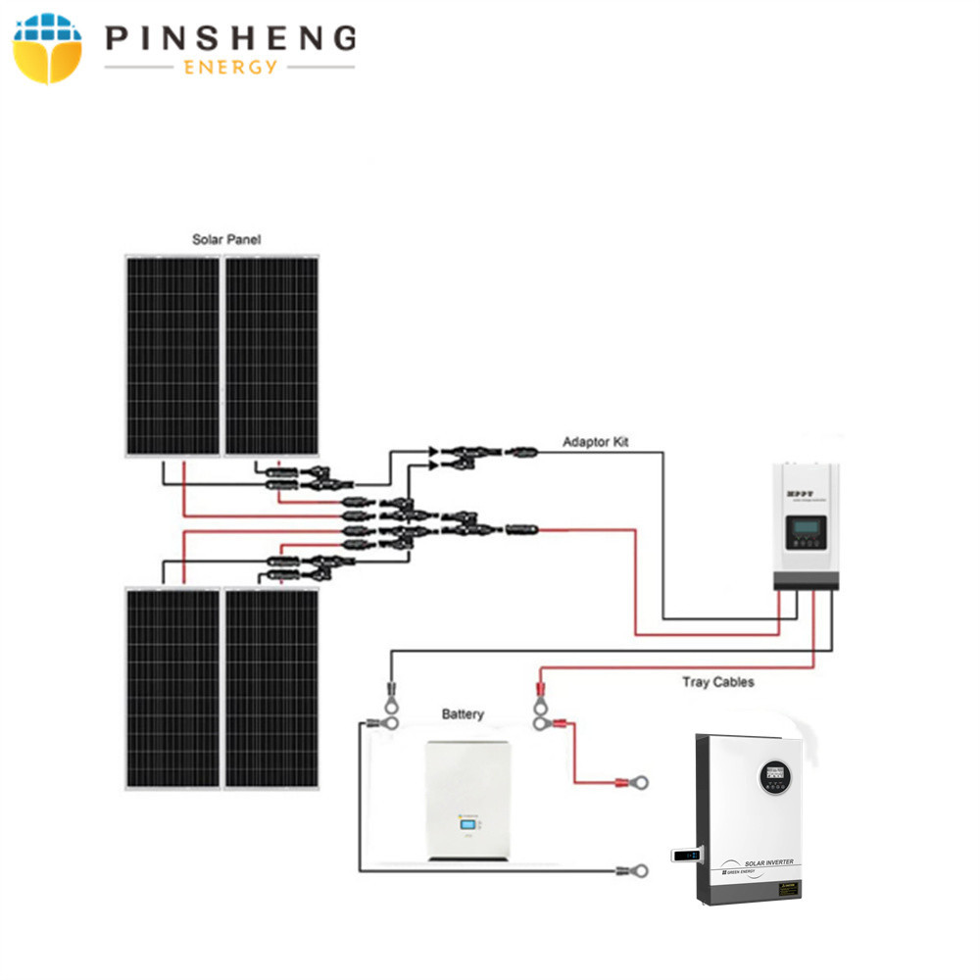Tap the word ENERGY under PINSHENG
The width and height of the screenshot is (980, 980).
pos(229,67)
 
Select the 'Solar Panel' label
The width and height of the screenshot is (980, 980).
pos(225,239)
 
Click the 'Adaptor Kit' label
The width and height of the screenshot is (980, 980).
pos(596,442)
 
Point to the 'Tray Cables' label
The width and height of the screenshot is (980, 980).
pos(717,681)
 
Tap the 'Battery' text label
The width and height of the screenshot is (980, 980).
pos(462,714)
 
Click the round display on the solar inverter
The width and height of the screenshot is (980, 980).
pos(775,778)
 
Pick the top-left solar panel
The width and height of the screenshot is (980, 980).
pos(172,355)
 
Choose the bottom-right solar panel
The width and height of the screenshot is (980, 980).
pos(271,686)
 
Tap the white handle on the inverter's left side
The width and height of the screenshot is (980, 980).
pos(685,856)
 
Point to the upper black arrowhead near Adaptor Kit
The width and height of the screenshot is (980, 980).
pos(432,452)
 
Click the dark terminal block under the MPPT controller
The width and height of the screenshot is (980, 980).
pos(807,582)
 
